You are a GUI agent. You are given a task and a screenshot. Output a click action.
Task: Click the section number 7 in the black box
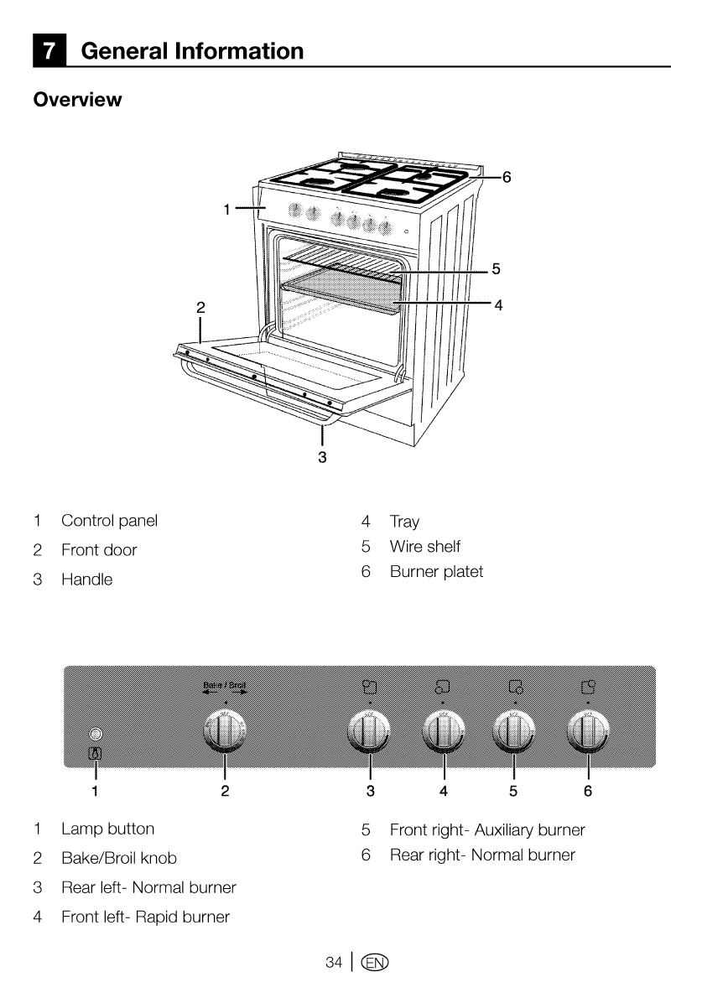(x=51, y=51)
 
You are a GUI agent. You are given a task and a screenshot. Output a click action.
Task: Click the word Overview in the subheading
(x=77, y=100)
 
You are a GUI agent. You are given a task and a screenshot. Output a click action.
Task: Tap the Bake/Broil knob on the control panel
(x=225, y=732)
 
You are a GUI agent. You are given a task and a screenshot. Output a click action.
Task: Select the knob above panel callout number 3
(x=370, y=732)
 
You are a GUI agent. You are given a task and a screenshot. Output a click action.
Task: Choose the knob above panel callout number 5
(x=513, y=732)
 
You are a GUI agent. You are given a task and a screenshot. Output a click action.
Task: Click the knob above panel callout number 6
(x=588, y=732)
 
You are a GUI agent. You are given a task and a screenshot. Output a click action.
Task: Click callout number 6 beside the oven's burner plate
(x=507, y=177)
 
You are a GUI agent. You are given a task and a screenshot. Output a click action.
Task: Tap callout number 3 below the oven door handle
(x=322, y=457)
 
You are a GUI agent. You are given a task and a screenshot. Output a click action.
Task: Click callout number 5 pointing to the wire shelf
(x=497, y=269)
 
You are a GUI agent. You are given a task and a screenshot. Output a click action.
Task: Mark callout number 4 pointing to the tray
(x=498, y=305)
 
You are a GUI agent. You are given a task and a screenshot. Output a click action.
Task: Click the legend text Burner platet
(x=436, y=572)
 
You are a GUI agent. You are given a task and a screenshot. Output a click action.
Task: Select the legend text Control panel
(x=109, y=521)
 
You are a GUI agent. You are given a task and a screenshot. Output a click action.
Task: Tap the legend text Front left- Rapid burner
(x=145, y=917)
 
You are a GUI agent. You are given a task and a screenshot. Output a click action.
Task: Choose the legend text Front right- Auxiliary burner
(x=487, y=830)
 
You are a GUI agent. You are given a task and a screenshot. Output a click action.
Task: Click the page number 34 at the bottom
(x=334, y=963)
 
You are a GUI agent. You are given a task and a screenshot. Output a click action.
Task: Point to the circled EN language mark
(x=375, y=963)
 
